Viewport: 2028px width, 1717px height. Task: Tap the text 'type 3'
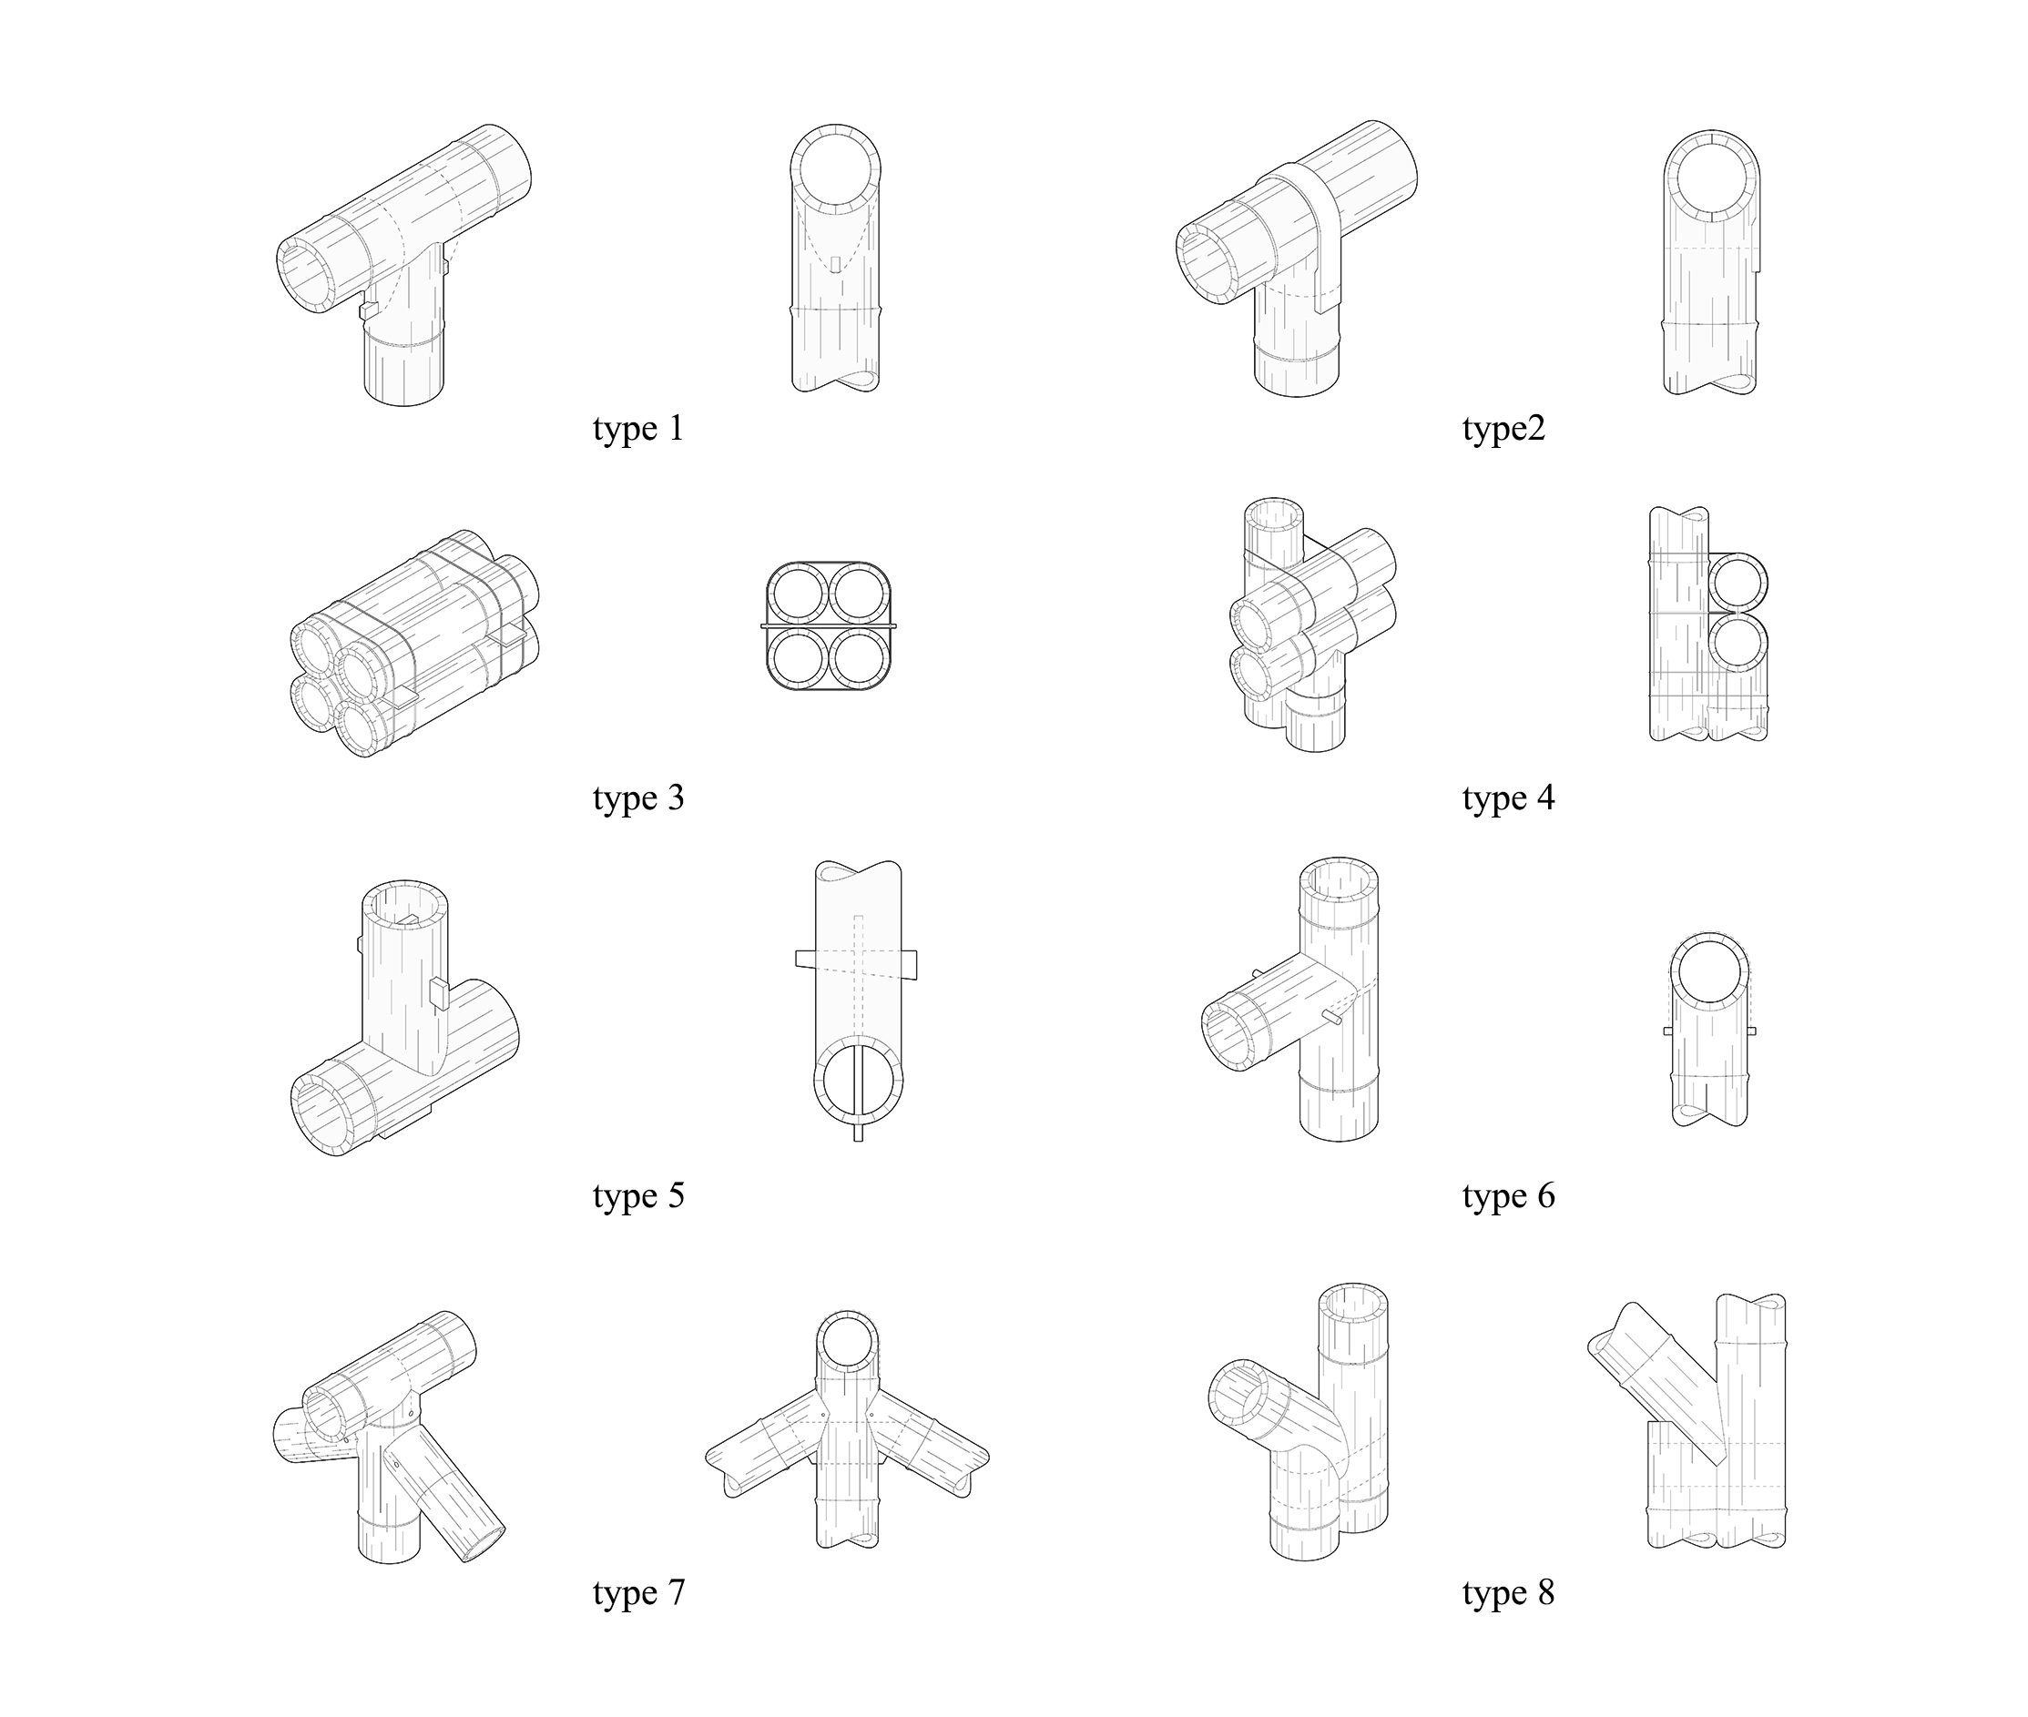tap(637, 798)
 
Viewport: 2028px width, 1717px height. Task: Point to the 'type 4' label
tap(1508, 798)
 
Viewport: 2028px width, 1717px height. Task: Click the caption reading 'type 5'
tap(637, 1196)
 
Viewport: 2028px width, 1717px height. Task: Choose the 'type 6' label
tap(1508, 1196)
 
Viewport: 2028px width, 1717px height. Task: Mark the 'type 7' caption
tap(637, 1593)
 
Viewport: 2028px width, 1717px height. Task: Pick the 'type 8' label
tap(1508, 1593)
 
